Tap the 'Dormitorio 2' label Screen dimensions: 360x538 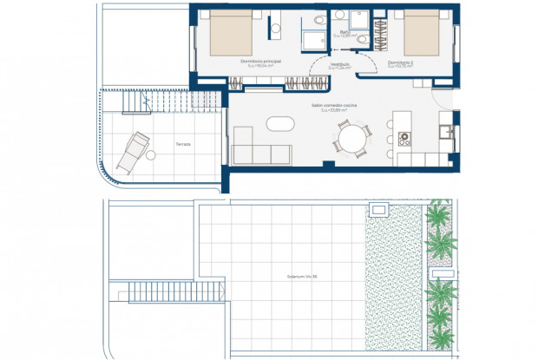click(x=398, y=62)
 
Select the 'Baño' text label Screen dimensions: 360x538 click(x=344, y=34)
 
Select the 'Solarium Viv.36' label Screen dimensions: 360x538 click(x=303, y=277)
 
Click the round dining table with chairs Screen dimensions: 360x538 click(x=353, y=137)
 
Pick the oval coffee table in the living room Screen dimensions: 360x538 click(x=280, y=125)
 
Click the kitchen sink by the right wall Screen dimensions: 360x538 click(x=446, y=131)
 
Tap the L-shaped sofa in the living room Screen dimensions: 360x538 click(x=259, y=147)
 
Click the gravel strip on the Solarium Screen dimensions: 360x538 click(x=396, y=278)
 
